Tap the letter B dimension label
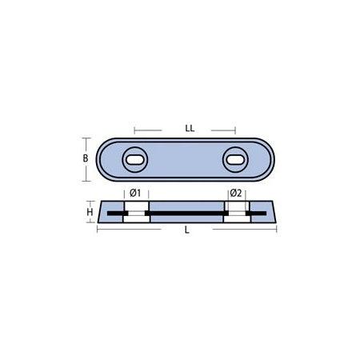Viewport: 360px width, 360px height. (x=86, y=158)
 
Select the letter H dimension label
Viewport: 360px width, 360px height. (x=90, y=212)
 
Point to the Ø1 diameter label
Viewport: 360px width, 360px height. (x=134, y=193)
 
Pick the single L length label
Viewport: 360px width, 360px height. (x=186, y=230)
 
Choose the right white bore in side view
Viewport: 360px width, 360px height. (x=236, y=213)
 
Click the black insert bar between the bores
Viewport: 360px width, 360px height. (x=186, y=213)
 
